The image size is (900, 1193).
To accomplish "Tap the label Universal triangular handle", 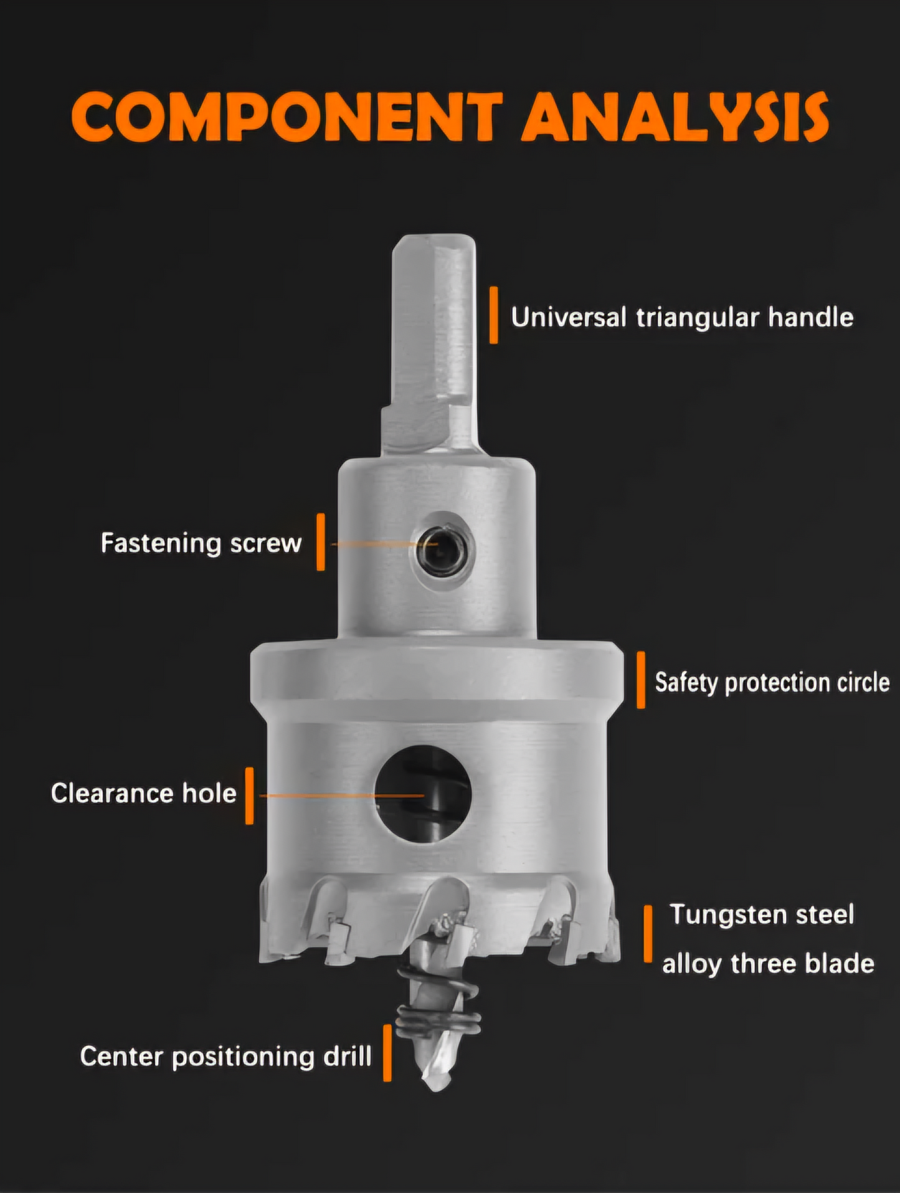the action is click(682, 317).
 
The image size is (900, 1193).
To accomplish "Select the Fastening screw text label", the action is click(201, 543).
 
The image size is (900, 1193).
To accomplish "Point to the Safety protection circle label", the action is click(772, 682).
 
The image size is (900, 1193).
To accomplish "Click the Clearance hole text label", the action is click(143, 793).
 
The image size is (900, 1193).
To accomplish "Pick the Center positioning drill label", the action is click(225, 1057).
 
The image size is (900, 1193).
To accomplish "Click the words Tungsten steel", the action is click(762, 915).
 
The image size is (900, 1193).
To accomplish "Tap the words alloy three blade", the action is click(768, 963).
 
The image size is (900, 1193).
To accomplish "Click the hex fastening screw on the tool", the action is click(442, 549).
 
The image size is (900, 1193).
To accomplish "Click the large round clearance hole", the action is click(423, 794).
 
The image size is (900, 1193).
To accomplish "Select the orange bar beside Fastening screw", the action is click(321, 542).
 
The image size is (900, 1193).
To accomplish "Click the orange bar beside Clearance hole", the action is click(250, 796).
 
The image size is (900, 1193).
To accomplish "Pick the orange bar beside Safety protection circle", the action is click(641, 680).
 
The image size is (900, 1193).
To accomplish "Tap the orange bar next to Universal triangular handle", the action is click(494, 315).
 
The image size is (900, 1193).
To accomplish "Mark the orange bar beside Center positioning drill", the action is click(387, 1053).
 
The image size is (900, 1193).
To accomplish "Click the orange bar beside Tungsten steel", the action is click(648, 934).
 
